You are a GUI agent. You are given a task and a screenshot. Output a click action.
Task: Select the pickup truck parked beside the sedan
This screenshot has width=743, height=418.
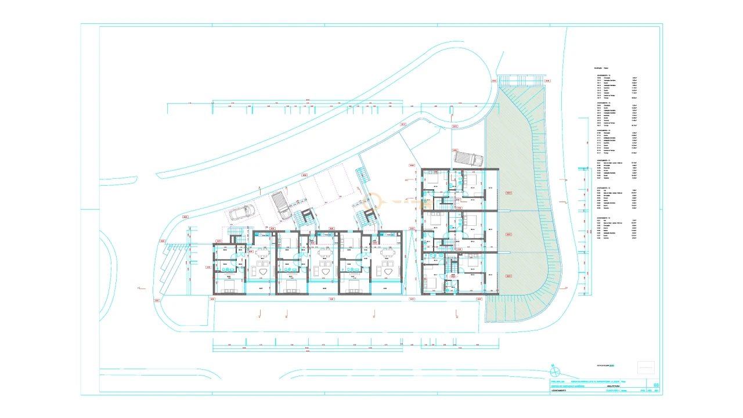[281, 206]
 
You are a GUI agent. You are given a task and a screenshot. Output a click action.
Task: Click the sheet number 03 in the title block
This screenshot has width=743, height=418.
[656, 384]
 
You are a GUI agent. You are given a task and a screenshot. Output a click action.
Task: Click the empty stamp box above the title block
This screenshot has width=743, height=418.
[645, 367]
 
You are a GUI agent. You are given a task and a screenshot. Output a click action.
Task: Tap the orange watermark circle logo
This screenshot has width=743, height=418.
[370, 201]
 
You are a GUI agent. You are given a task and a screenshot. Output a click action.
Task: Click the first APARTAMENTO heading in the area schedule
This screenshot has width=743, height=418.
[604, 75]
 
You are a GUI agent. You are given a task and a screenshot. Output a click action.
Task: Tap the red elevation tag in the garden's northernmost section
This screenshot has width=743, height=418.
[508, 192]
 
